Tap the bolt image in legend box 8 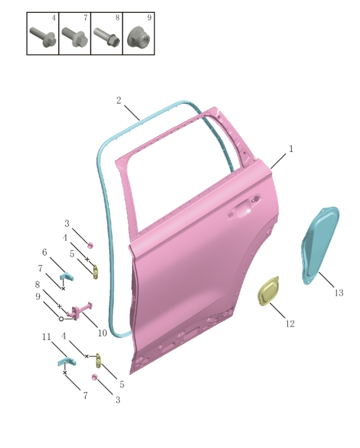click(x=106, y=38)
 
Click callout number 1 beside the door click(x=291, y=149)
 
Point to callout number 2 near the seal click(x=119, y=101)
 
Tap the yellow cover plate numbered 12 click(x=269, y=292)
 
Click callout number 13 click(x=339, y=293)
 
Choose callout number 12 click(x=289, y=324)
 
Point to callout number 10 click(x=101, y=333)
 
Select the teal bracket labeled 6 click(x=66, y=276)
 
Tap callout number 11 click(x=47, y=337)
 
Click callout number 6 click(x=44, y=252)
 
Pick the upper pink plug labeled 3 click(x=90, y=245)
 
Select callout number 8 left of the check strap click(x=38, y=284)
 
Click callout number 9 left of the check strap click(x=38, y=297)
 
